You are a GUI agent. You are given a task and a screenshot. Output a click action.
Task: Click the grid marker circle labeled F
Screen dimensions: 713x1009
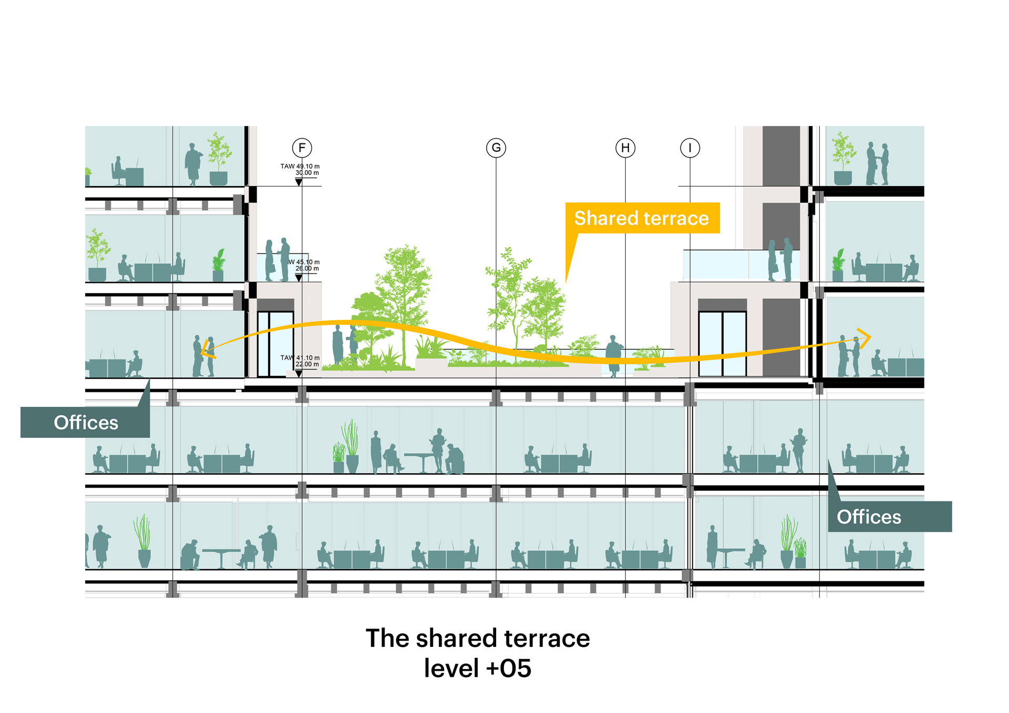[302, 148]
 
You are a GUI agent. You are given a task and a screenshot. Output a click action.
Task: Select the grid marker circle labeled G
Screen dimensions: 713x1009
[496, 148]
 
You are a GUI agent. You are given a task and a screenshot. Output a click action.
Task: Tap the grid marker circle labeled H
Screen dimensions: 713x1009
[625, 148]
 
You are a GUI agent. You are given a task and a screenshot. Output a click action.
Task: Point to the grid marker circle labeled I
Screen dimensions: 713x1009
[690, 148]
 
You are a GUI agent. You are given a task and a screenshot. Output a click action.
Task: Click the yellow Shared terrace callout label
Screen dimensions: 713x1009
[642, 218]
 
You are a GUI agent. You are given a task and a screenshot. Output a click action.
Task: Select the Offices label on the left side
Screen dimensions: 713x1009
[86, 422]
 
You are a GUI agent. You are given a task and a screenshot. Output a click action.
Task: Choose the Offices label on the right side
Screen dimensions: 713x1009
[869, 517]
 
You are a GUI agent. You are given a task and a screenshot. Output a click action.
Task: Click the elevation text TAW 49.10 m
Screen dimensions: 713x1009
[300, 166]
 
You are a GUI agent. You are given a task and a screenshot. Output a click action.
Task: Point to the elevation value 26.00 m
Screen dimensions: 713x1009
[307, 268]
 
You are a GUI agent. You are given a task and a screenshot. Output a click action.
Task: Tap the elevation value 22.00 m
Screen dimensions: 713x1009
[307, 364]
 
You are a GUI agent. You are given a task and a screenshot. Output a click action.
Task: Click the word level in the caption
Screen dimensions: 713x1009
[451, 668]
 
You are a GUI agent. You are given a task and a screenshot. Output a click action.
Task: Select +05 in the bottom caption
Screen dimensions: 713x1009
[509, 668]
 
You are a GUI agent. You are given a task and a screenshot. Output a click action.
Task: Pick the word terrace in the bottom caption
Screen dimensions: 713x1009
[547, 638]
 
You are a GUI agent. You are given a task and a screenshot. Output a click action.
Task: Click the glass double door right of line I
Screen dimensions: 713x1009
[722, 344]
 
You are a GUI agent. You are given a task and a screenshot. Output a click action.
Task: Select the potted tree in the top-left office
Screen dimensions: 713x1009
[219, 158]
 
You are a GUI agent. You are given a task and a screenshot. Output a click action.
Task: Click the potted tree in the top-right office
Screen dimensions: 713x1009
[843, 158]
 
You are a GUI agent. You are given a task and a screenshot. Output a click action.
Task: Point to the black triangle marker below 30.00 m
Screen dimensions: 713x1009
[298, 182]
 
